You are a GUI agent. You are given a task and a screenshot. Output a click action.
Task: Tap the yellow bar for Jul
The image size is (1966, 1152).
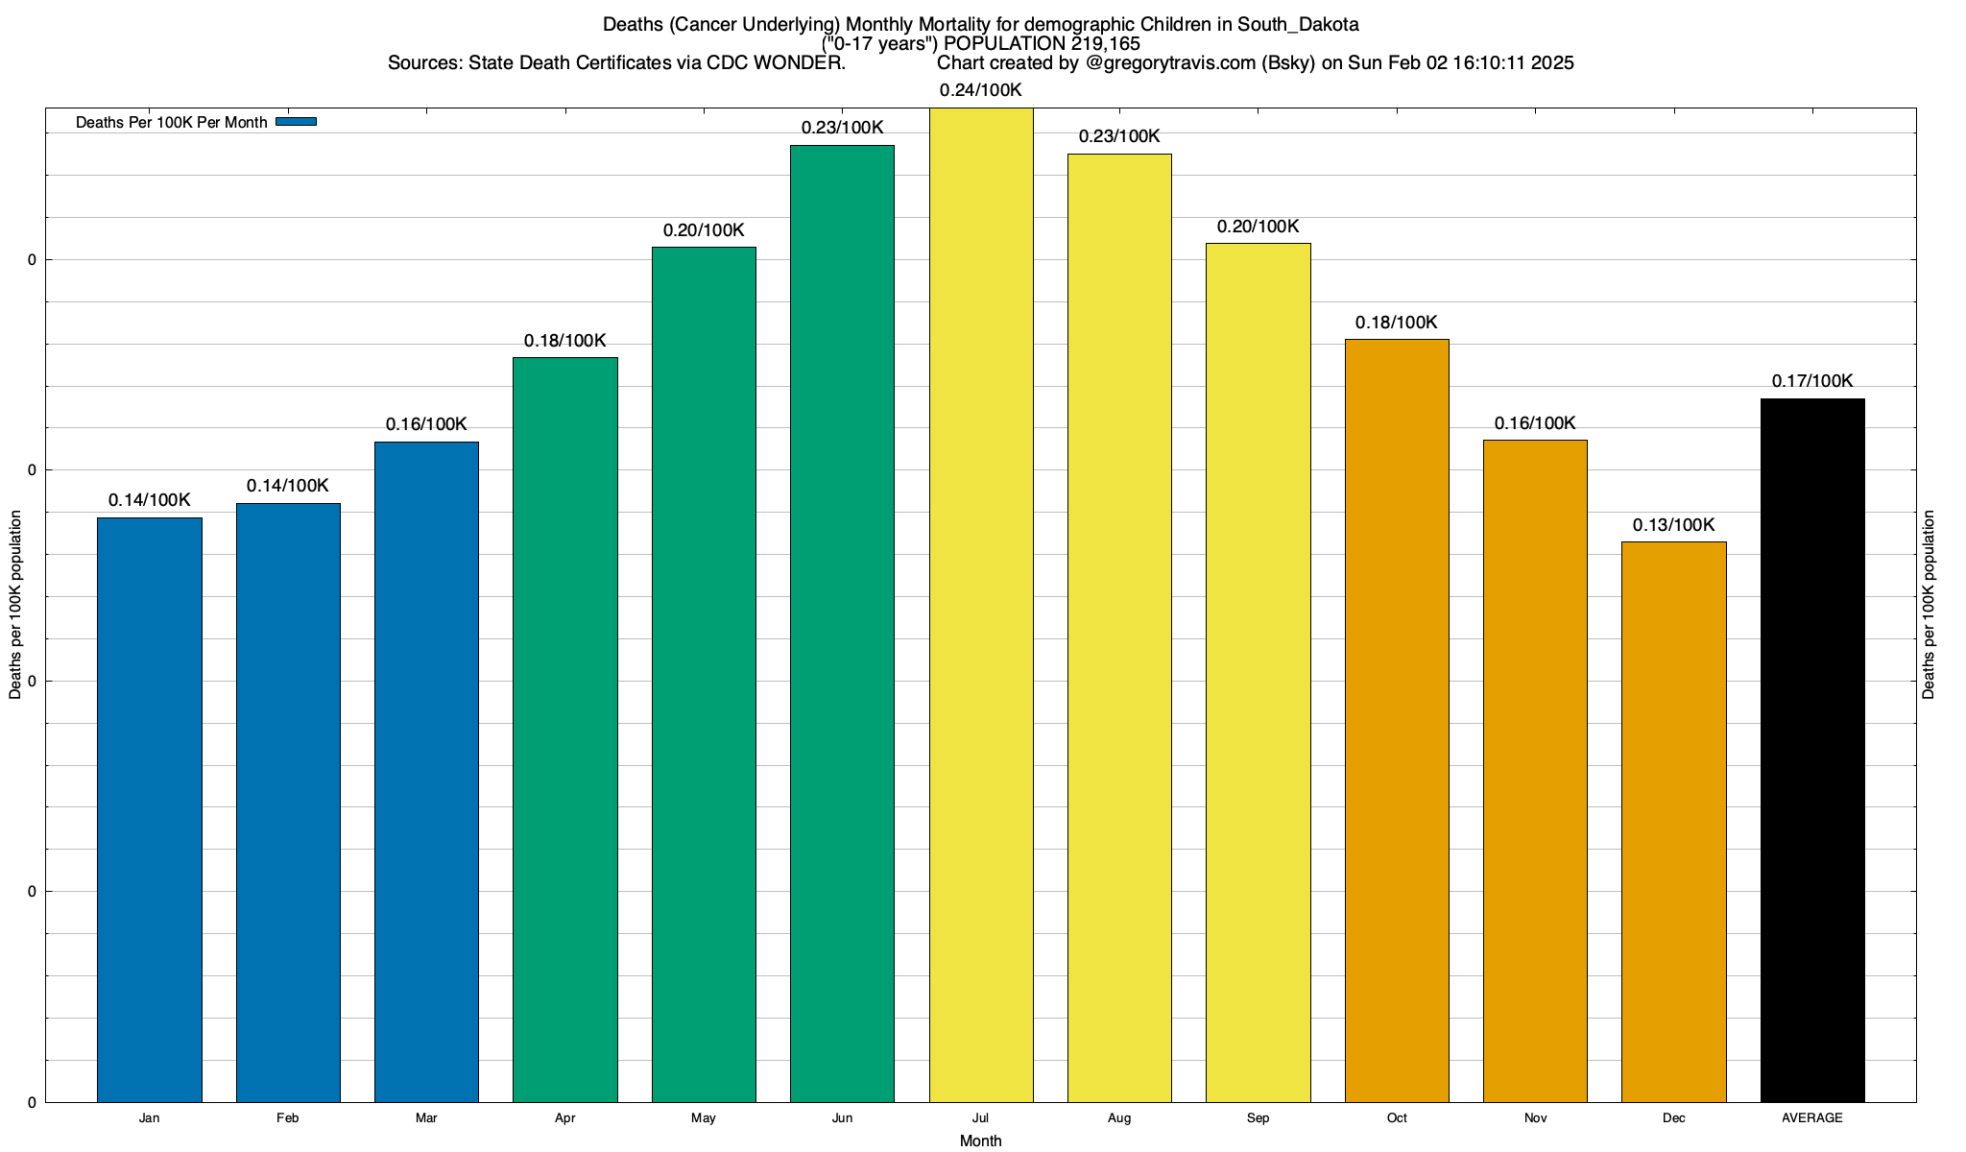click(981, 605)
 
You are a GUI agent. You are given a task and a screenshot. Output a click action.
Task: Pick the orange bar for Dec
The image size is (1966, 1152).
click(1674, 822)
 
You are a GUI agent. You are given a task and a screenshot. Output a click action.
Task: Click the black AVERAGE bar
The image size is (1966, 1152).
click(1812, 750)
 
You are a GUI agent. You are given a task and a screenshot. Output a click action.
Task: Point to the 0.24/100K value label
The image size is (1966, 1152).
click(980, 90)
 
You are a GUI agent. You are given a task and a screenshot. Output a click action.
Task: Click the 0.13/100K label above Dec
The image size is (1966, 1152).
click(1673, 525)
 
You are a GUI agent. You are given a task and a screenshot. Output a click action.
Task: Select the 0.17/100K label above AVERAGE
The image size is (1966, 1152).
click(1812, 381)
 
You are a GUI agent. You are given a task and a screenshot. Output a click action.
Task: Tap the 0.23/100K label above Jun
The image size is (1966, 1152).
click(842, 128)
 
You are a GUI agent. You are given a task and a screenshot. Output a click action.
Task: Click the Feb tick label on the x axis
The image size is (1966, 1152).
click(287, 1118)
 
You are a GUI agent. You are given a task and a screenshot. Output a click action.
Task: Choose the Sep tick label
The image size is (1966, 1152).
click(1258, 1118)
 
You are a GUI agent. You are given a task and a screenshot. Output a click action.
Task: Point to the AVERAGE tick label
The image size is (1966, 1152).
click(1811, 1118)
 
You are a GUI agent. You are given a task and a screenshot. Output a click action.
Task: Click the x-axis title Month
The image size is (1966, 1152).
click(980, 1140)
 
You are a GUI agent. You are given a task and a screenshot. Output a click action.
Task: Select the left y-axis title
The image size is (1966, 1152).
click(15, 605)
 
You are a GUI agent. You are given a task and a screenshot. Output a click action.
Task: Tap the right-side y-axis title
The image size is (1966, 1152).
click(1929, 605)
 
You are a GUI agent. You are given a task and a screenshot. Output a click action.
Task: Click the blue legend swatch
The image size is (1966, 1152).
click(296, 122)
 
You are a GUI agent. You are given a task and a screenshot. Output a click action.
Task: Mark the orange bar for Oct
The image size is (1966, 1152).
click(1397, 720)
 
